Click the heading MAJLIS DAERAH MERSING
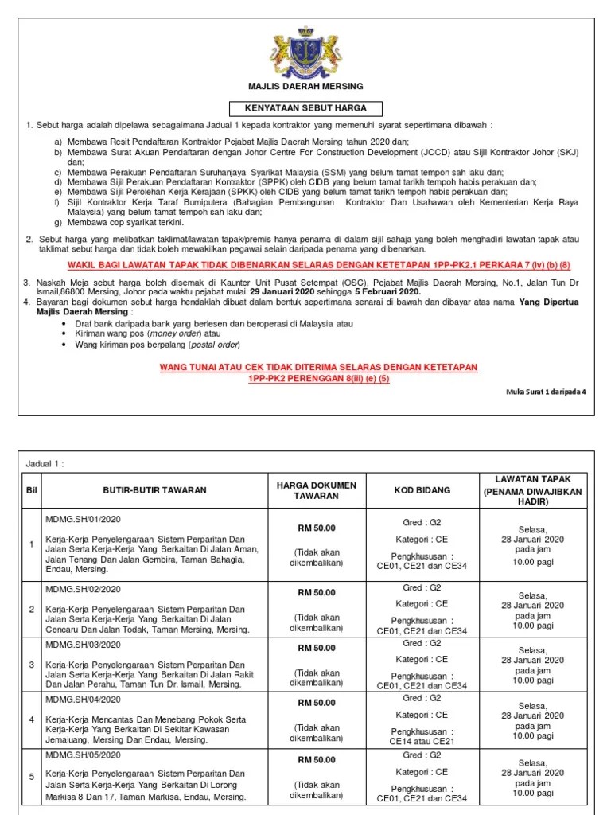306,86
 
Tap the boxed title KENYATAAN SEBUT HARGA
306,108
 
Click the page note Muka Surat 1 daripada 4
545,392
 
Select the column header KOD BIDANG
422,491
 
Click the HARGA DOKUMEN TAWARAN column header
317,490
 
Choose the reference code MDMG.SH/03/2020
83,644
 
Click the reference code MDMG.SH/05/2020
83,755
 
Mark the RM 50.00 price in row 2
317,592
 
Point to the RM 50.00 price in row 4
317,703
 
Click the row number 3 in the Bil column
32,664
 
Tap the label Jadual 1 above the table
45,464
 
